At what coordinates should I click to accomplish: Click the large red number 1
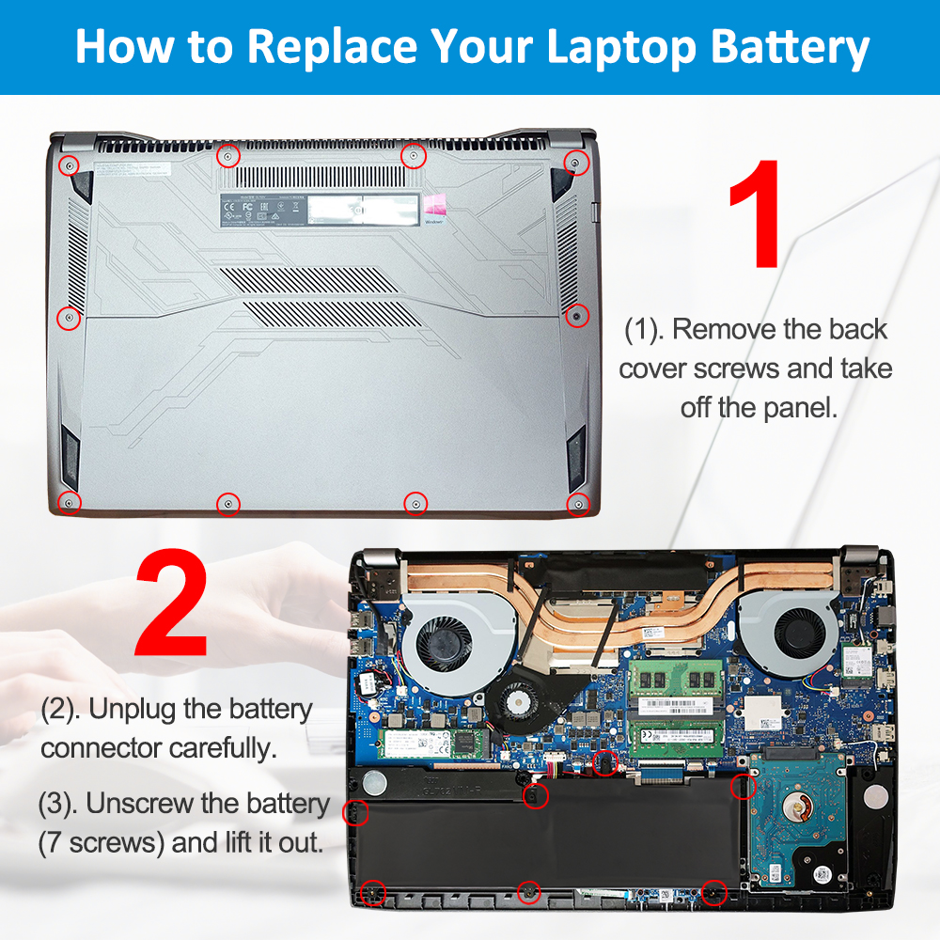tap(755, 214)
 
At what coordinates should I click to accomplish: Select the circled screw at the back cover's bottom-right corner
tap(576, 504)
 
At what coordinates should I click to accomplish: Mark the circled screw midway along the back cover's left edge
tap(69, 319)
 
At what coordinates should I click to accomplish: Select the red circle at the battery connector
tap(606, 763)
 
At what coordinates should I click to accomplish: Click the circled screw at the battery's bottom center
tap(529, 889)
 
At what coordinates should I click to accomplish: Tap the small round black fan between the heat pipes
tap(513, 699)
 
